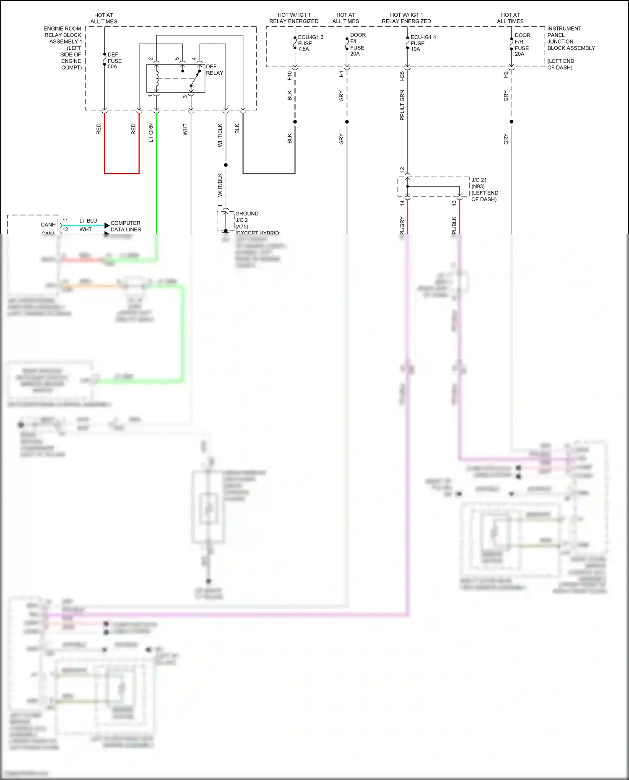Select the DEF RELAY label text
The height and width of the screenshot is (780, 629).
[214, 70]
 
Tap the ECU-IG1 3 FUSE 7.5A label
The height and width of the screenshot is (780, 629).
[310, 43]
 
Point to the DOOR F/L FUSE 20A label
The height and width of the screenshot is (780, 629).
[357, 44]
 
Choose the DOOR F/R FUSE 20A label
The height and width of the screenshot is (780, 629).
[522, 45]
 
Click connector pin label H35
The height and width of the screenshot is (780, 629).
[402, 76]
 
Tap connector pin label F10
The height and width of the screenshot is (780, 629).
[289, 76]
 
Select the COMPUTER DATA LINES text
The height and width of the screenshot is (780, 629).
[125, 226]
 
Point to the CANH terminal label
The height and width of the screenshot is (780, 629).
[48, 225]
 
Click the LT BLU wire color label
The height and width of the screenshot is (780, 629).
[88, 221]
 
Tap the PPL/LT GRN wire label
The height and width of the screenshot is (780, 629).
[402, 105]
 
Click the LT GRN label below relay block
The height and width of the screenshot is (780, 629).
[151, 132]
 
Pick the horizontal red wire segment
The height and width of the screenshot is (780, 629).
[122, 173]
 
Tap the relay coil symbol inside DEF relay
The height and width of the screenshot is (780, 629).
[157, 78]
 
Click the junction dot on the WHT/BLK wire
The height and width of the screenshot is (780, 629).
[226, 165]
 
